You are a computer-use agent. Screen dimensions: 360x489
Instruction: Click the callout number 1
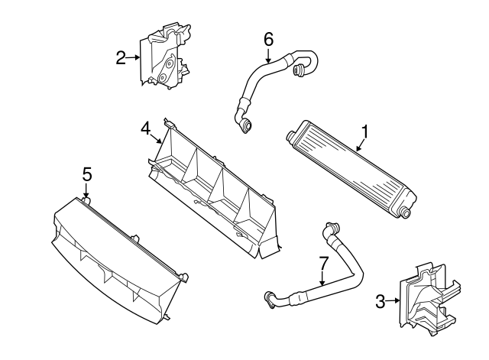pos(365,132)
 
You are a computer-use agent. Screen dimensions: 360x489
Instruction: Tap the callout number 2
pos(121,57)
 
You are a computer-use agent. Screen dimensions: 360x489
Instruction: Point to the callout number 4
pos(145,130)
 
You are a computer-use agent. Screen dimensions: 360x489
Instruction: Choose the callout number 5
pos(87,175)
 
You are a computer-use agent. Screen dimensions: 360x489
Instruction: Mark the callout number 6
pos(268,38)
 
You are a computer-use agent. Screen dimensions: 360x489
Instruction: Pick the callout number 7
pos(323,264)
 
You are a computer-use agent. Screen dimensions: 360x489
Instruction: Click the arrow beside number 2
pos(134,57)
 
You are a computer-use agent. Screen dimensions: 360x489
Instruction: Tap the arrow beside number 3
pos(393,301)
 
